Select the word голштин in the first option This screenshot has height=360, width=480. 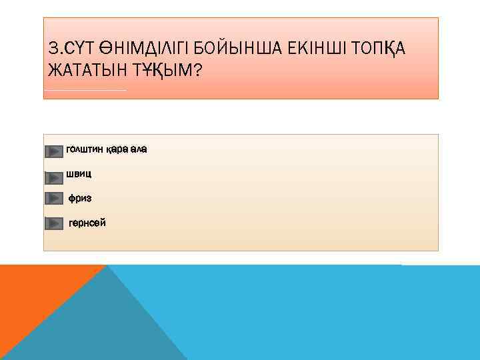tap(85, 149)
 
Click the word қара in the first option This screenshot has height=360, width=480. tap(117, 149)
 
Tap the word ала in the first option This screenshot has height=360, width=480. tap(139, 149)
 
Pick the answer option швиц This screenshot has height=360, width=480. tap(79, 174)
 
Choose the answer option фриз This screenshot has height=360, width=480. tap(80, 198)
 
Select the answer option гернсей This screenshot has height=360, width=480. tap(87, 223)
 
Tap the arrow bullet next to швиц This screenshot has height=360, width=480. tap(54, 177)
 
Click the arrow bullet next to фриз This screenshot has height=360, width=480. tap(54, 198)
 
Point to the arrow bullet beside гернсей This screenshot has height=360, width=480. tap(54, 223)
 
